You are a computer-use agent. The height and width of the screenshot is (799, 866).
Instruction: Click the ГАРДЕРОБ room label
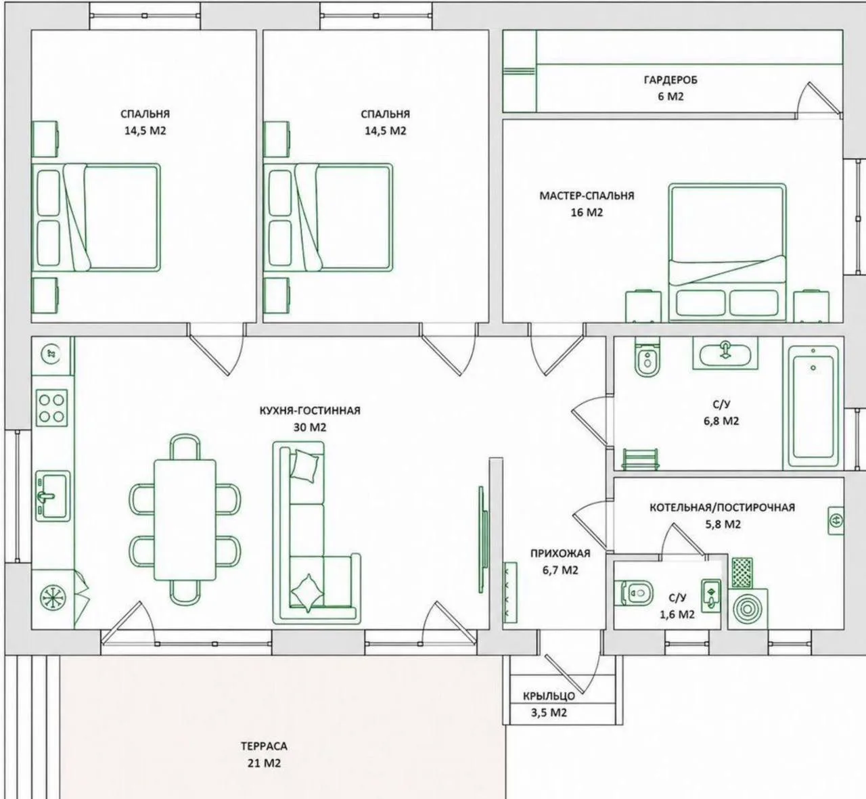click(x=670, y=81)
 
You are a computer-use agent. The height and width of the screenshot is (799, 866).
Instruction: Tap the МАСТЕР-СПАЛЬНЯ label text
click(x=587, y=196)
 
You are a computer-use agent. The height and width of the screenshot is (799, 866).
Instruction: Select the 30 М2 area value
click(x=310, y=428)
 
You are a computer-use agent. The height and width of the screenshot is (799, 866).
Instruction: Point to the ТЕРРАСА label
click(x=264, y=746)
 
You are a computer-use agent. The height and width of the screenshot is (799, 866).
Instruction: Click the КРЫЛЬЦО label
click(x=549, y=696)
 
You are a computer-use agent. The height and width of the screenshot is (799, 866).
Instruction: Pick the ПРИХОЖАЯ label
click(x=560, y=553)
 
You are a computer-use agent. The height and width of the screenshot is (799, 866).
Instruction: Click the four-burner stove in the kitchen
click(x=51, y=408)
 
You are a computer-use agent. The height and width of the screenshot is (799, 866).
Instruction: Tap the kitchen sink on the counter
click(x=52, y=497)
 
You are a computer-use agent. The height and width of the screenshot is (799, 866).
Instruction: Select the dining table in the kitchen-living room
click(x=185, y=520)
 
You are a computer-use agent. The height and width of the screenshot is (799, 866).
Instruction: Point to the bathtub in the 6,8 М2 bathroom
click(x=813, y=407)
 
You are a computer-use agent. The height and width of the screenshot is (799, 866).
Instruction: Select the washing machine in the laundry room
click(x=748, y=609)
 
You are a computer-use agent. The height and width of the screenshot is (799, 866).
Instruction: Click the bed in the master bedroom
click(x=727, y=252)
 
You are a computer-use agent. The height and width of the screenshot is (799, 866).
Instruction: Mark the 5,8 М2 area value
click(x=723, y=524)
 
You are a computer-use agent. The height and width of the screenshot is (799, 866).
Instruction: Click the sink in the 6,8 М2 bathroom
click(x=725, y=353)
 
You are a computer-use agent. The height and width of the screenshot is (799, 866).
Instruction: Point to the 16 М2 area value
click(x=587, y=212)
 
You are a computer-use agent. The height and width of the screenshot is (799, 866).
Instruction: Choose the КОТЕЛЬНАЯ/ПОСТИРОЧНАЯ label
click(x=722, y=507)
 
